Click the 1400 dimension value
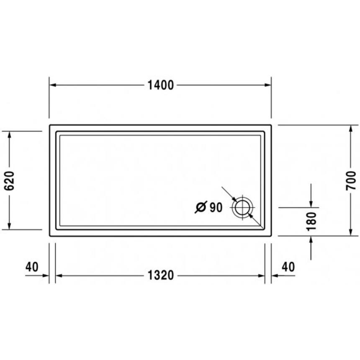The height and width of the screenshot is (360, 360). point(160,85)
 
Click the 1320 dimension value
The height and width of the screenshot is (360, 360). point(160,275)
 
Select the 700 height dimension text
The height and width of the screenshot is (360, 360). point(351,180)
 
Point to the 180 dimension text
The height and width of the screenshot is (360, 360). point(311,221)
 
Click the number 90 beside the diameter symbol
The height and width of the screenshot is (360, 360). point(216,207)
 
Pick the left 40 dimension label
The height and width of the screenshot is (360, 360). point(32,267)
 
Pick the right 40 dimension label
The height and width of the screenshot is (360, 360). point(288,267)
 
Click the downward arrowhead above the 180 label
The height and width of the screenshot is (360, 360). point(311,203)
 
